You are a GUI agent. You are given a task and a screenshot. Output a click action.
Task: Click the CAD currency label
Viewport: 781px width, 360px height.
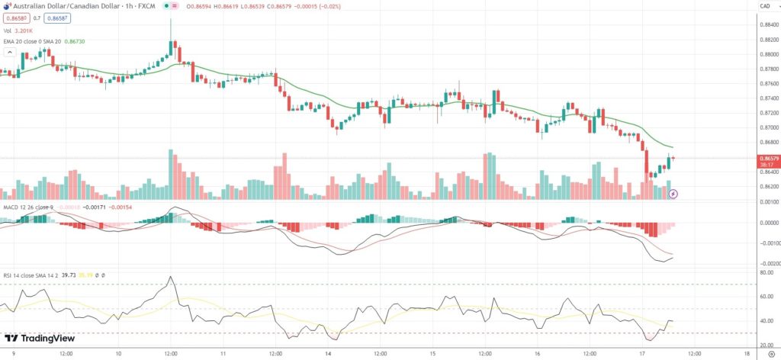click(x=763, y=7)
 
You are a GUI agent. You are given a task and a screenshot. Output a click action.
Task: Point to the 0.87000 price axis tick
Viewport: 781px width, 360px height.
click(x=765, y=127)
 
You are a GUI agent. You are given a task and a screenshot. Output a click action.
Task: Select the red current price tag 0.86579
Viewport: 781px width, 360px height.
click(x=765, y=158)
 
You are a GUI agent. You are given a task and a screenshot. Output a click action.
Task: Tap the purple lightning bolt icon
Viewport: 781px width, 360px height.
click(x=673, y=194)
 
